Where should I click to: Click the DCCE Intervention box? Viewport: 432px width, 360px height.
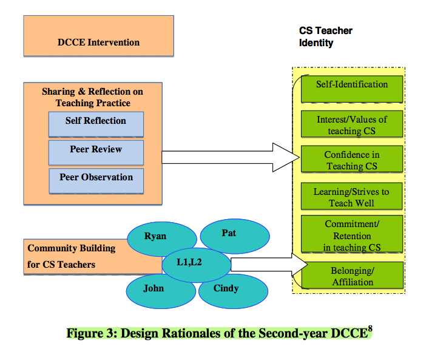click(x=98, y=42)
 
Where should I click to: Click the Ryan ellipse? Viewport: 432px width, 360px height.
click(x=155, y=236)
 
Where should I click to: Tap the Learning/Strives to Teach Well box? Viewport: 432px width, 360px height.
click(x=352, y=197)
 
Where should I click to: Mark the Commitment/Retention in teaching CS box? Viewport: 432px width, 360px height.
click(x=352, y=236)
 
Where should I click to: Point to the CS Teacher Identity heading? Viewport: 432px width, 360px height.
click(x=326, y=36)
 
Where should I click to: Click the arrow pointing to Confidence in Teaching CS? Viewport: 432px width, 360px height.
click(x=231, y=157)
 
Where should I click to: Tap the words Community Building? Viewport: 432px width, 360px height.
click(x=71, y=248)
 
